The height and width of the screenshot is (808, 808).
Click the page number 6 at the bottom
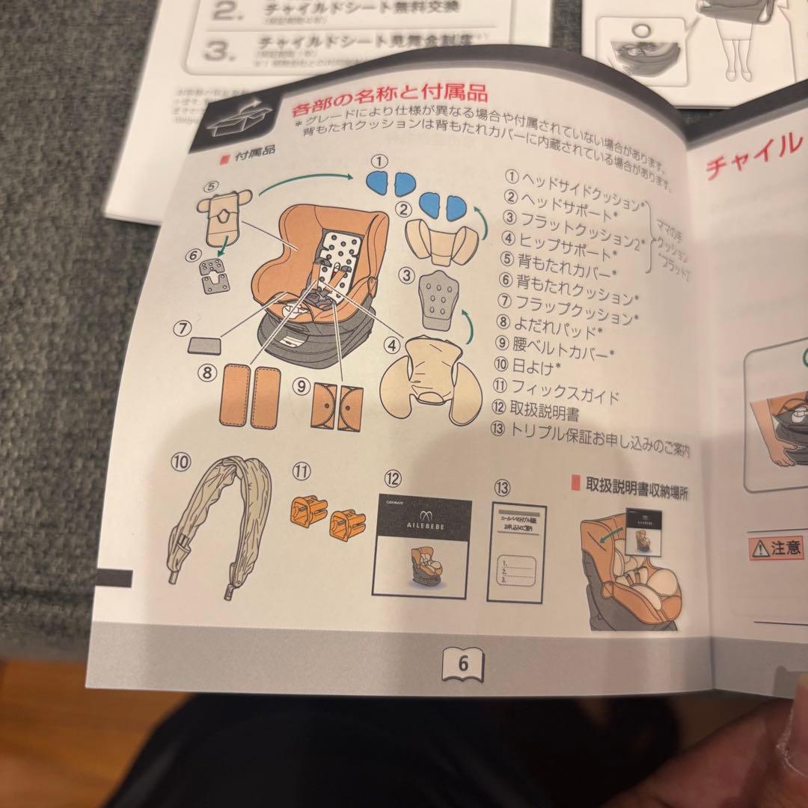pos(462,663)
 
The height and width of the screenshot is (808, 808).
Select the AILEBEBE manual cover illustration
pos(421,547)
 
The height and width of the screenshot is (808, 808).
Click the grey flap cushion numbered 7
pos(203,344)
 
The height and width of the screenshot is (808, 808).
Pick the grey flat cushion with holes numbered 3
pos(438,299)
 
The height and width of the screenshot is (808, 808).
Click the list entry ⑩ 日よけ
pos(536,366)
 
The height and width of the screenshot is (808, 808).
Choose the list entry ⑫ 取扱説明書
pos(546,409)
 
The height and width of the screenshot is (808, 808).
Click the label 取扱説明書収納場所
pos(636,487)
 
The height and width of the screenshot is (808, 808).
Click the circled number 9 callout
pos(301,386)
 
